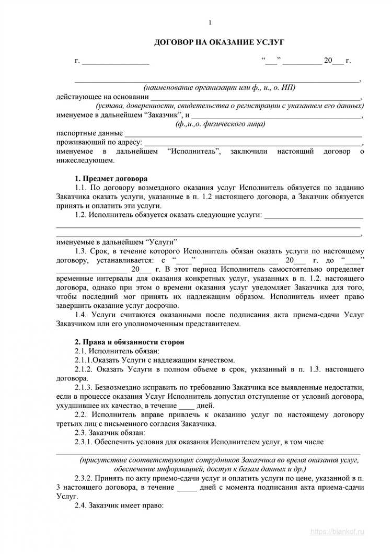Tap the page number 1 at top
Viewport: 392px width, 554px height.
tap(210, 22)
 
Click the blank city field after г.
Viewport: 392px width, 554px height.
tap(116, 61)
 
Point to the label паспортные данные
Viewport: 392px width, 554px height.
tap(89, 133)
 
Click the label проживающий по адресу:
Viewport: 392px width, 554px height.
tap(99, 142)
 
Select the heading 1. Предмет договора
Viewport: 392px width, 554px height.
tap(111, 178)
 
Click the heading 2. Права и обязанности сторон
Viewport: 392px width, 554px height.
tap(129, 341)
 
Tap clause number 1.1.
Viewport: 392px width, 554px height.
tap(81, 187)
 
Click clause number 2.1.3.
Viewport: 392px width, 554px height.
tap(85, 388)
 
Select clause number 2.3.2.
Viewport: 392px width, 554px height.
tap(85, 478)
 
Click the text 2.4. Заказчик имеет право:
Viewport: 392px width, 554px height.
tap(120, 506)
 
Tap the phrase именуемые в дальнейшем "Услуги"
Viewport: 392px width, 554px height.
tap(117, 242)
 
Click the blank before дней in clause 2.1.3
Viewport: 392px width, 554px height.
tap(187, 406)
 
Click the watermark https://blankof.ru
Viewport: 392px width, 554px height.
tap(344, 531)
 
